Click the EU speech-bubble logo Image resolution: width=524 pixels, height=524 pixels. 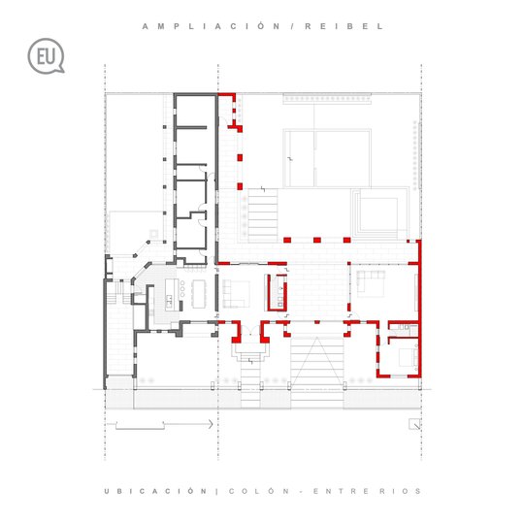click(46, 55)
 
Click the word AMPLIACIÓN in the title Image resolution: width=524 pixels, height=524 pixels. click(212, 26)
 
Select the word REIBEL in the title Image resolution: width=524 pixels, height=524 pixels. click(344, 26)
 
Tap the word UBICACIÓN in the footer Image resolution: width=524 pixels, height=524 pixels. click(155, 491)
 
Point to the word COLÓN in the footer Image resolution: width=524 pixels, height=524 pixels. click(259, 491)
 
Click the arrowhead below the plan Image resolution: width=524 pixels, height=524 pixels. click(211, 424)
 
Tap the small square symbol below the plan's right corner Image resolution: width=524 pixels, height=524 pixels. click(414, 424)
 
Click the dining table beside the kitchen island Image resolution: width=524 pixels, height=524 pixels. click(199, 294)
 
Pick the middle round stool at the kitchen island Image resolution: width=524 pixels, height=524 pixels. click(182, 289)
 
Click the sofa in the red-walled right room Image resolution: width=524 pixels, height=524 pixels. click(371, 279)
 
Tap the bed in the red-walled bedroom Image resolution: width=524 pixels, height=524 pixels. click(409, 357)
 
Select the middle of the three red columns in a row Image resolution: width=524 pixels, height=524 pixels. click(317, 240)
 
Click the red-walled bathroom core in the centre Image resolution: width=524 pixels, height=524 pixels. click(277, 293)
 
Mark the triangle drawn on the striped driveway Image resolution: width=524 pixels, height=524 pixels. click(316, 362)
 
